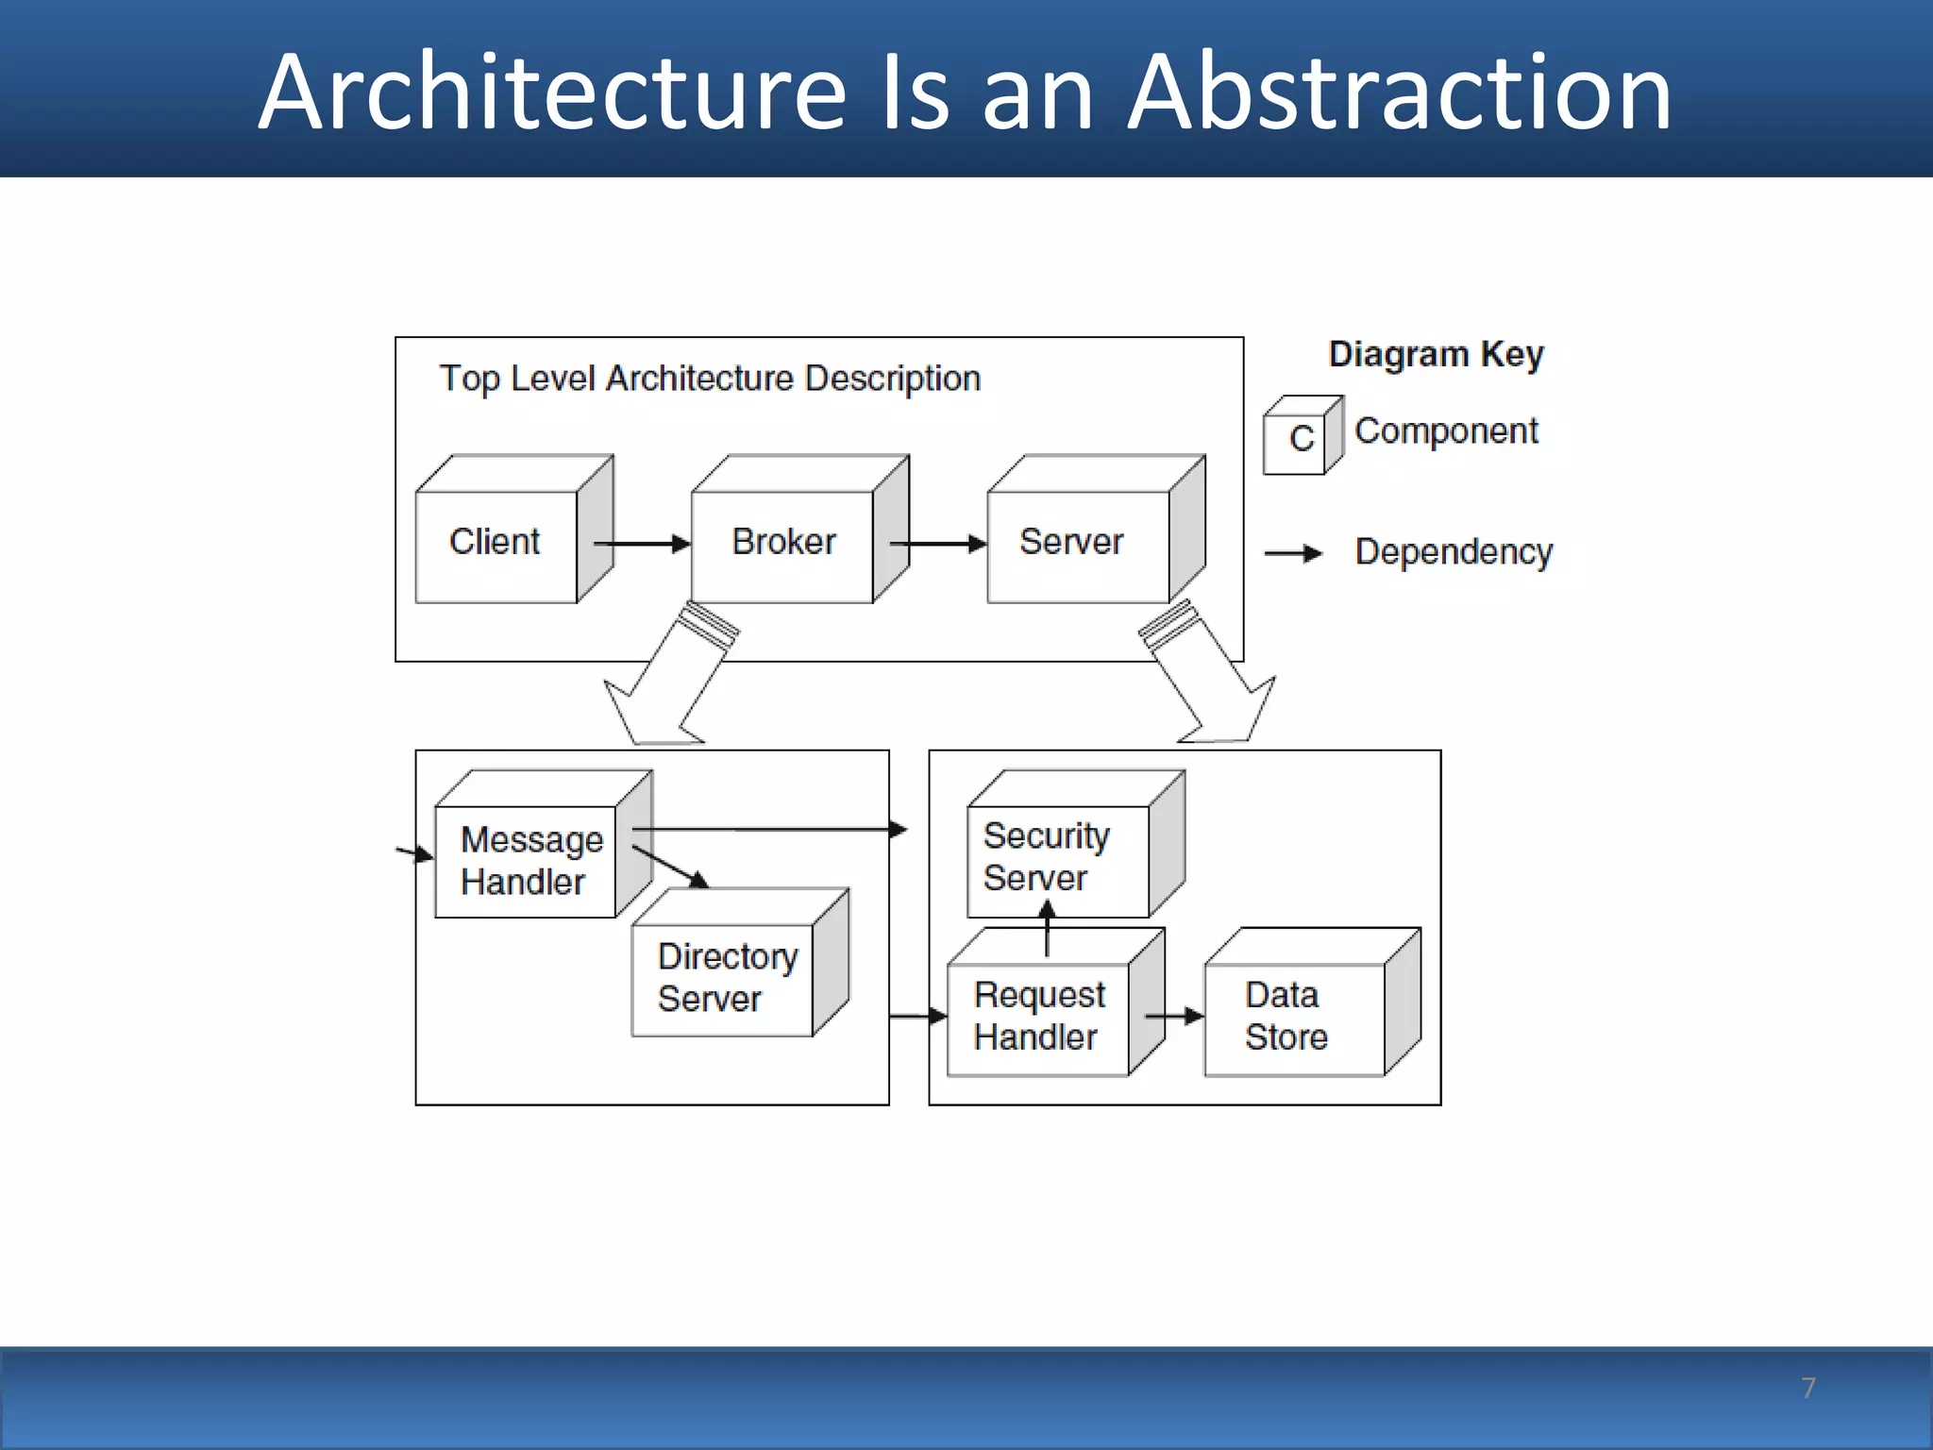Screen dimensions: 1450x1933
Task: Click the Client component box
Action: (x=496, y=545)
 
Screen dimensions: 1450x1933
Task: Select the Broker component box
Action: (x=783, y=545)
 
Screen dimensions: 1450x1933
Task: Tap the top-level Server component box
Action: (x=1076, y=545)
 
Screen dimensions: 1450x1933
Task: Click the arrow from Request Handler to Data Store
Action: (x=1174, y=1017)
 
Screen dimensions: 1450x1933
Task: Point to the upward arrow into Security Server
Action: (x=1047, y=929)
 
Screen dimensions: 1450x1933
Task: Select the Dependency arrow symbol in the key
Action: (x=1293, y=553)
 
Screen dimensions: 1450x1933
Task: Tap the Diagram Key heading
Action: (x=1436, y=355)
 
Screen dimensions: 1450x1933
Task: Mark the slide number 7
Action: (x=1807, y=1388)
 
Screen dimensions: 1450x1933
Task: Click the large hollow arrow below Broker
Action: (x=672, y=680)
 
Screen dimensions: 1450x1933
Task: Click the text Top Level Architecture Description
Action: (x=710, y=379)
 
